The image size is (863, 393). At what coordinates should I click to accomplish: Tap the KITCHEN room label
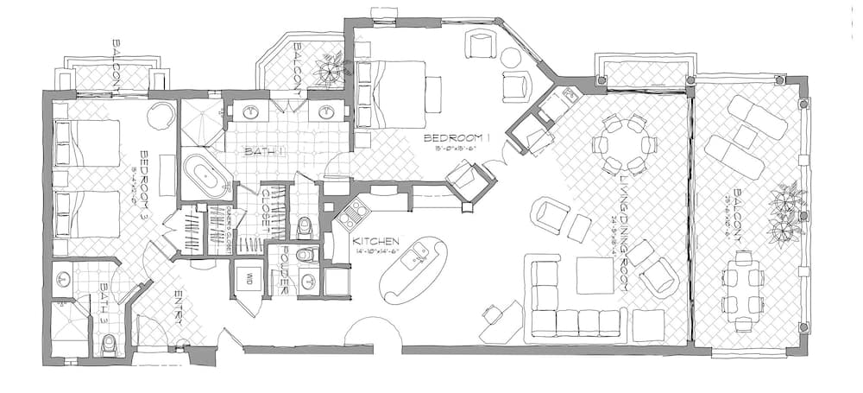(375, 240)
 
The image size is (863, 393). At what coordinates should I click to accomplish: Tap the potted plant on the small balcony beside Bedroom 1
(329, 71)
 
